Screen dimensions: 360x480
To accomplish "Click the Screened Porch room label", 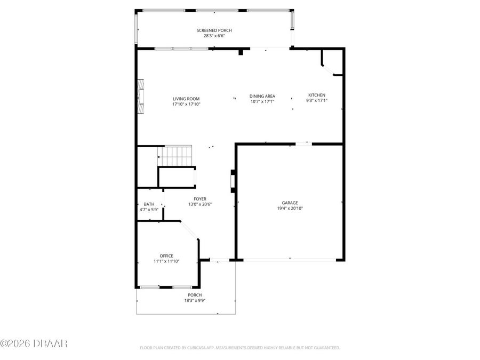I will click(214, 30).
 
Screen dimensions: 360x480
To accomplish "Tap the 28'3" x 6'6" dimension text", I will click(214, 36).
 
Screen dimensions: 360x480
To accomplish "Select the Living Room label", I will click(186, 99).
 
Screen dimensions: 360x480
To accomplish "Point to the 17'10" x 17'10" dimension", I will click(186, 105).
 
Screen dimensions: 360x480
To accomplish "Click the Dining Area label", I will click(262, 96).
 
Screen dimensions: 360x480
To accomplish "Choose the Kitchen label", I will click(316, 95).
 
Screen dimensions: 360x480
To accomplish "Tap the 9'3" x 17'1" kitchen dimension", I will click(316, 100).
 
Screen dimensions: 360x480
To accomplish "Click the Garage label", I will click(290, 203).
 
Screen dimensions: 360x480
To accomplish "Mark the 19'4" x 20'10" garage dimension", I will click(290, 209).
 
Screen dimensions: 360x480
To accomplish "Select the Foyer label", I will click(200, 199).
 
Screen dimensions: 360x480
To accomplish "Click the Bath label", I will click(149, 204).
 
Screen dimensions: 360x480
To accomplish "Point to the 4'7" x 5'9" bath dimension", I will click(149, 210).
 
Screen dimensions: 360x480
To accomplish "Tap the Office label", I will click(166, 256).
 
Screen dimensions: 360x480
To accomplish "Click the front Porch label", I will click(195, 295).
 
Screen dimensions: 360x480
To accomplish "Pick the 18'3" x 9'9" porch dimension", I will click(195, 301).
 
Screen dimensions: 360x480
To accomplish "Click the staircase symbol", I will click(175, 156).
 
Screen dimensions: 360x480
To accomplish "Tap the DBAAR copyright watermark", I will click(34, 343).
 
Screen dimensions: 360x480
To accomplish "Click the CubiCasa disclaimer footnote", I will click(239, 348).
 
